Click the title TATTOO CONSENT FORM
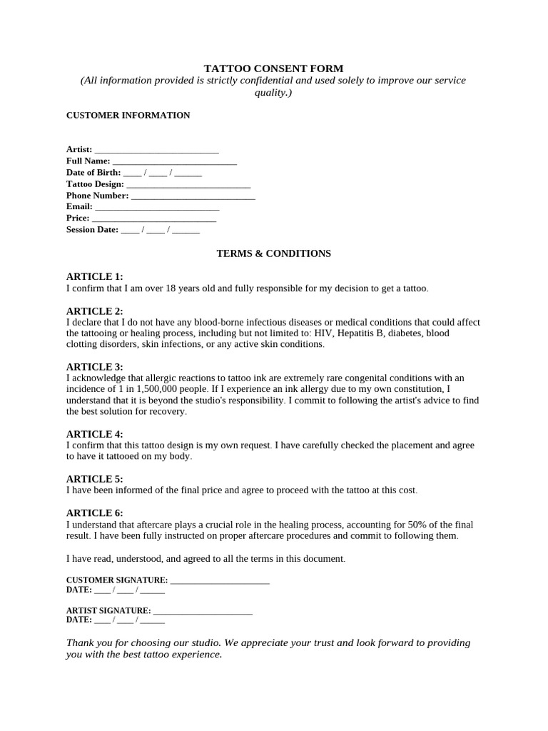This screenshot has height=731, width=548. tap(273, 69)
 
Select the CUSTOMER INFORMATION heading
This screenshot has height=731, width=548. tap(128, 115)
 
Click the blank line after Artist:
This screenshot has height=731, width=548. tap(156, 150)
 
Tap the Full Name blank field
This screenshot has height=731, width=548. tap(174, 161)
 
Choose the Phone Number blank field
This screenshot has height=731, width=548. tap(193, 196)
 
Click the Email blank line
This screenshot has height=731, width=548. tap(156, 207)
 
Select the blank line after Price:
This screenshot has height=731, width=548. tap(154, 218)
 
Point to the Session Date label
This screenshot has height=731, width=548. tap(92, 230)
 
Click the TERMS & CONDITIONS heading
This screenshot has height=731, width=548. tap(273, 253)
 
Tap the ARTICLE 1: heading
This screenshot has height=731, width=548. tap(94, 276)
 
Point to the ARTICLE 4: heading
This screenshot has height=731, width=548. tap(94, 434)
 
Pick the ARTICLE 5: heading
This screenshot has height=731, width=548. tap(94, 479)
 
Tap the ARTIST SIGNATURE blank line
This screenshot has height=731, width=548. tap(203, 611)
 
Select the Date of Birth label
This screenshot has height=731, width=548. tap(93, 173)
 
